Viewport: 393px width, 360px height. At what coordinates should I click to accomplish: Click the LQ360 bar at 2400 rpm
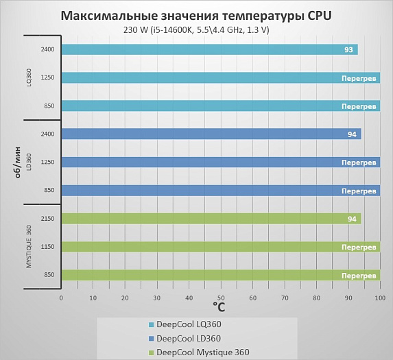210,49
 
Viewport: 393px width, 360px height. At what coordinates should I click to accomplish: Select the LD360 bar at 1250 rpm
221,162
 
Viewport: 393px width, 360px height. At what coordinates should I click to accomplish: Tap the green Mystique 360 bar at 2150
211,219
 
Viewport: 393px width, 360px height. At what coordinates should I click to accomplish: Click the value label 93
348,49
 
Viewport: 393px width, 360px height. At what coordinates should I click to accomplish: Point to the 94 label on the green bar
352,219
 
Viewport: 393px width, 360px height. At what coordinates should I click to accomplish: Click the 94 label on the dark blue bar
352,134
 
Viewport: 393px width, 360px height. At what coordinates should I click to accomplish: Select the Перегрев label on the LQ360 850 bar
359,106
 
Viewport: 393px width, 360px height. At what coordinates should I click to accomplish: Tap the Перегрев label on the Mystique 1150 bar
359,248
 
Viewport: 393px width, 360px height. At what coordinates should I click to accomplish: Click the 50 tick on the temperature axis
221,298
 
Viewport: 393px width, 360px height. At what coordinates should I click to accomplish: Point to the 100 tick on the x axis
380,298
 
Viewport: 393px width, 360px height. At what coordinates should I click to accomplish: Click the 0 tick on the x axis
61,298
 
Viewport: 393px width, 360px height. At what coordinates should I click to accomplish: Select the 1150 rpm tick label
47,247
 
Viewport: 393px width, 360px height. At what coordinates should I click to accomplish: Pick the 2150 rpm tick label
47,219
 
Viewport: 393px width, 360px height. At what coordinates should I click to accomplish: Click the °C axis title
219,307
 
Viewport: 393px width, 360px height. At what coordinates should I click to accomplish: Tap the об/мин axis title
17,162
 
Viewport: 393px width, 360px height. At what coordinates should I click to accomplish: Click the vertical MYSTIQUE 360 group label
29,247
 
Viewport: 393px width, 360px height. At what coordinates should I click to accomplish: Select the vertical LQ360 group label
29,77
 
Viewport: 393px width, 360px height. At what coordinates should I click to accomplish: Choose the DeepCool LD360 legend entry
184,339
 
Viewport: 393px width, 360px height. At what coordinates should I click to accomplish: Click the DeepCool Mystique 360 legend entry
199,352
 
